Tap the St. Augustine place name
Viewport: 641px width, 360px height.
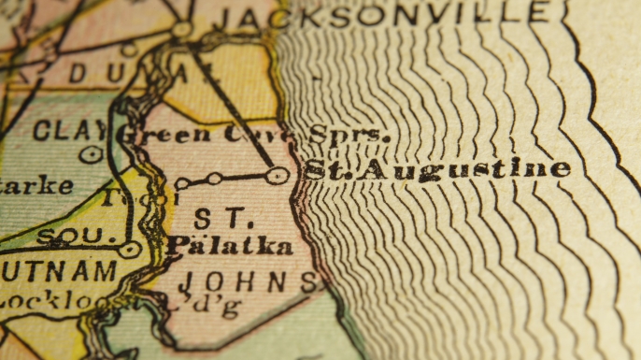click(x=437, y=169)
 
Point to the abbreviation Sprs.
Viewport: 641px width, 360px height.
click(x=348, y=135)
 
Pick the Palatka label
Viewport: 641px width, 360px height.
click(x=229, y=246)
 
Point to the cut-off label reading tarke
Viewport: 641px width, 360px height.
click(x=36, y=185)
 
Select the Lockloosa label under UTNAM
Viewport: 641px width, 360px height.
click(x=65, y=301)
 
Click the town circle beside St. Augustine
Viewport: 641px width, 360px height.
click(x=276, y=175)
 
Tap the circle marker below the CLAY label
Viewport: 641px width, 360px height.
click(x=91, y=154)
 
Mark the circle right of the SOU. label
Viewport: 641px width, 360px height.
click(x=130, y=250)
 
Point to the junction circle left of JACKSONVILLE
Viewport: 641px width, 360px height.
click(x=181, y=30)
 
